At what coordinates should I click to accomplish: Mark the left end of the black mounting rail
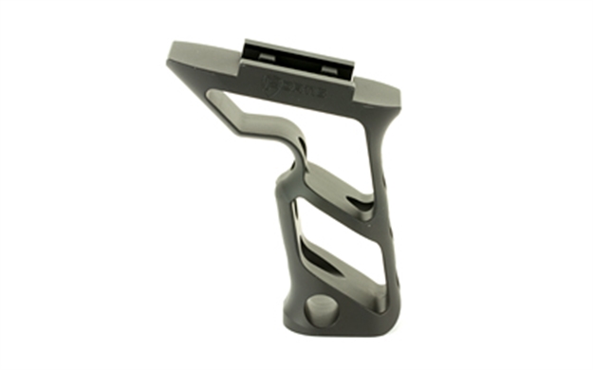tap(246, 50)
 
